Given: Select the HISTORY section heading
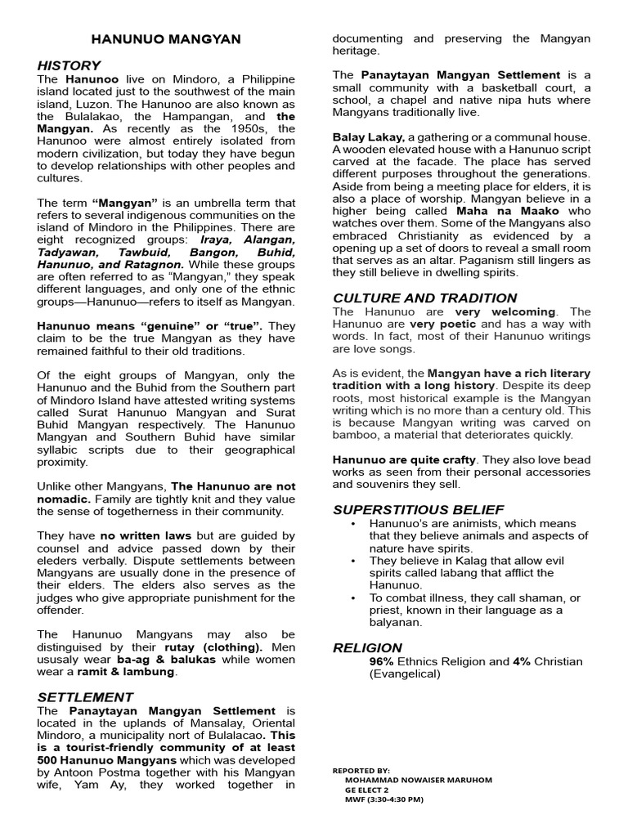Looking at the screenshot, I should [x=69, y=65].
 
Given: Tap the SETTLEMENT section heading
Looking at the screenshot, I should [x=85, y=697].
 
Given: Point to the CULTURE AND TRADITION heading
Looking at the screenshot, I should [x=424, y=298].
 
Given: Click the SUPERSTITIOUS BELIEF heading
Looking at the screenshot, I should [x=418, y=510].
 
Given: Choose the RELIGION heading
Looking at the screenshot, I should [x=367, y=648].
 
